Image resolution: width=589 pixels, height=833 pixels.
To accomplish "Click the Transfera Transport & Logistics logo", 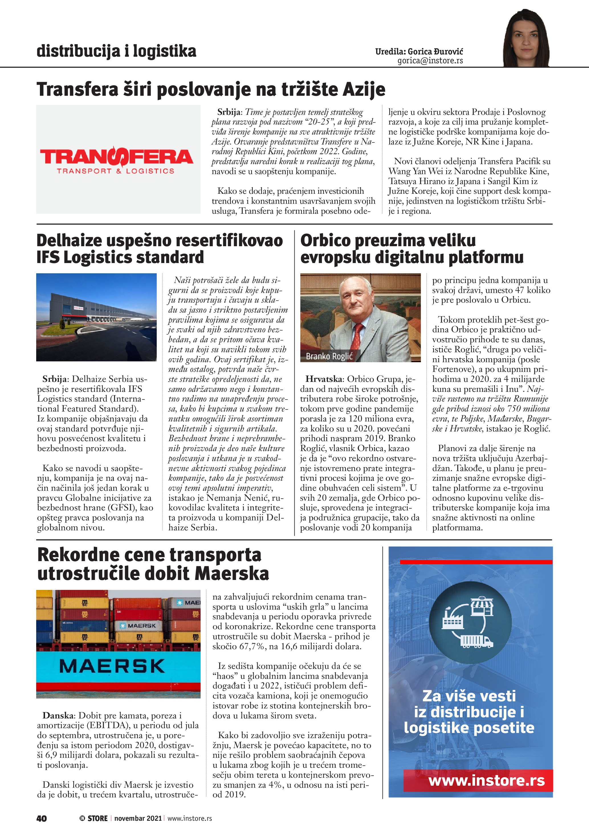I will click(x=117, y=160).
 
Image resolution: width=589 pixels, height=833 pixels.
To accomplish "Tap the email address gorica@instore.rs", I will click(x=430, y=61).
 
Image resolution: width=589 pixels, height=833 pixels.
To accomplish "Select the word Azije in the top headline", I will click(x=364, y=89).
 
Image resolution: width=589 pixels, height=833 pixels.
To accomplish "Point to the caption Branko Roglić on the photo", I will click(x=329, y=356).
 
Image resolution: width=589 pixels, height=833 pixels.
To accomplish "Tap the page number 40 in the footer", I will click(x=42, y=818).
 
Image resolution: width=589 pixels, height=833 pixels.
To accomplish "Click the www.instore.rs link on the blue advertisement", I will click(x=487, y=780).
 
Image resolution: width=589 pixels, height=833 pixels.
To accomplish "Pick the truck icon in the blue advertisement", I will click(x=477, y=641).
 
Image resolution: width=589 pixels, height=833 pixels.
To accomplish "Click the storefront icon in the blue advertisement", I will click(x=482, y=606).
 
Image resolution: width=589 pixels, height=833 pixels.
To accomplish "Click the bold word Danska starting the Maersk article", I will click(x=58, y=716).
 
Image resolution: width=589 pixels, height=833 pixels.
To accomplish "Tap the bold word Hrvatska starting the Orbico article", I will click(x=324, y=379).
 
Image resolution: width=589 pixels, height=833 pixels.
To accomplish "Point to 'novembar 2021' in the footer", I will click(x=138, y=818).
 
